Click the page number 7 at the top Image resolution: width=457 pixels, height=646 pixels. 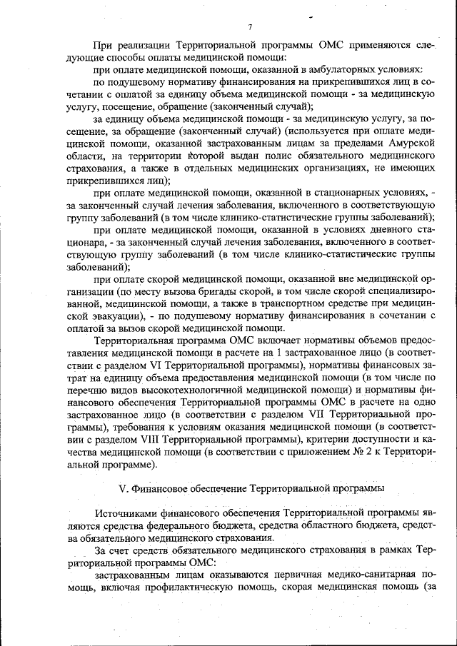click(x=250, y=27)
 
